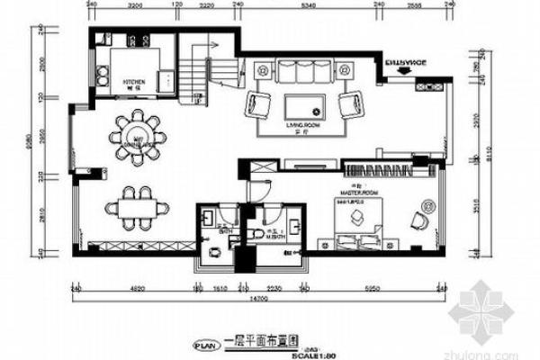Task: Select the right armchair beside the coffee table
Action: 348,105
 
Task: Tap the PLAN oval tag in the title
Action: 204,343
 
